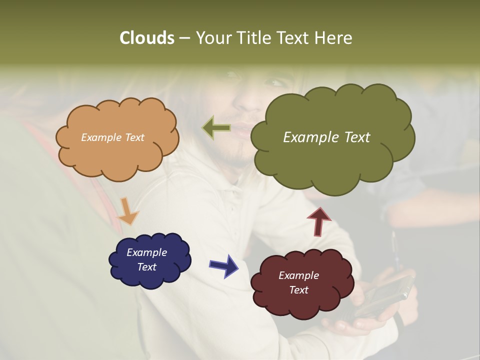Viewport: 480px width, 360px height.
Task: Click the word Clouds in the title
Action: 146,37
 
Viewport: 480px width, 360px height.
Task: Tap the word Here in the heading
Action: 335,37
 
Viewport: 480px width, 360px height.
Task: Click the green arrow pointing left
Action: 216,128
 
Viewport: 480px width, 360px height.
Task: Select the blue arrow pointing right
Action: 224,265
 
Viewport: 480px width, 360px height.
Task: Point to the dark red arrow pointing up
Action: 319,220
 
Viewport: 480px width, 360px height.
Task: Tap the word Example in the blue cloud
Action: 146,252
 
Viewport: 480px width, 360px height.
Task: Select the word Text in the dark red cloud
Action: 298,290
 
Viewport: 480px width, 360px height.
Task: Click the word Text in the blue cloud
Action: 146,267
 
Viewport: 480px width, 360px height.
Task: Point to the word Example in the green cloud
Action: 311,137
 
